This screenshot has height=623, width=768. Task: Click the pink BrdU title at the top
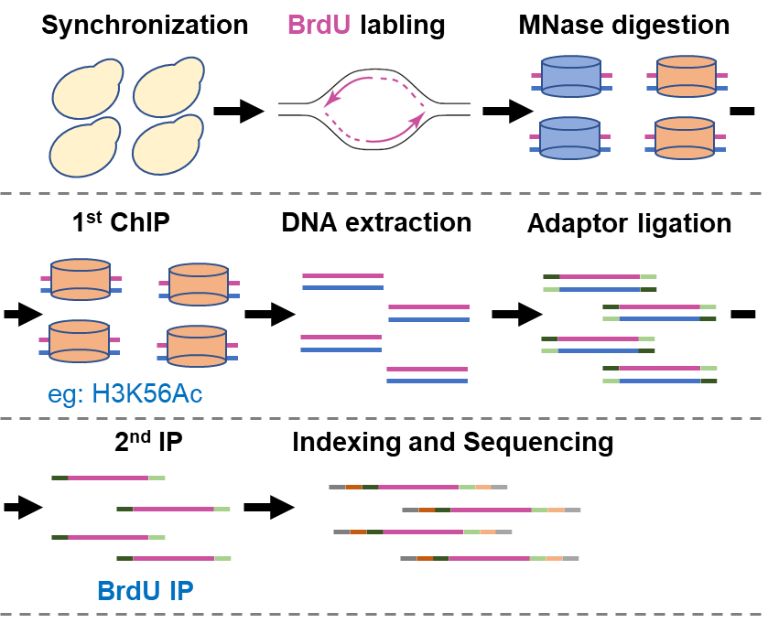point(319,25)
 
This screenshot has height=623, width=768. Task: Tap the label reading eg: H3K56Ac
point(124,394)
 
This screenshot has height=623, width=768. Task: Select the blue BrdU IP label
point(145,591)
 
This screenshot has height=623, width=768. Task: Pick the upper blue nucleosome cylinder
point(570,77)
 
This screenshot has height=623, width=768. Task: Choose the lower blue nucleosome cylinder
point(569,138)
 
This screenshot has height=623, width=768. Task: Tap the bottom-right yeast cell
point(166,148)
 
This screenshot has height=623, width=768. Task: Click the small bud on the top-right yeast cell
point(189,70)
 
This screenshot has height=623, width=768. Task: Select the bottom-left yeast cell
point(82,150)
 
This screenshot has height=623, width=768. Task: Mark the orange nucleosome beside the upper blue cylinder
point(687,77)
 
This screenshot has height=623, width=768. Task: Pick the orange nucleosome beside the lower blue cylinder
point(685,138)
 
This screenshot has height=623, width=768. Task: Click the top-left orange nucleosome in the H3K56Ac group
point(81,279)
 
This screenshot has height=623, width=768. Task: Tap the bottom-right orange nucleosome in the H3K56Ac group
point(197,346)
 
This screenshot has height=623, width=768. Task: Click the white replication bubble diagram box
point(375,109)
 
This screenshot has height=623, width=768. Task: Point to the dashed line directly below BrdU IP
point(384,614)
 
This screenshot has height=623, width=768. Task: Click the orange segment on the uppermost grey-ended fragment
point(353,487)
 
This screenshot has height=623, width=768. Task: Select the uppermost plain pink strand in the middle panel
point(342,275)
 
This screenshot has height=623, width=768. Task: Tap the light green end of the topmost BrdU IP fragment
point(157,478)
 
